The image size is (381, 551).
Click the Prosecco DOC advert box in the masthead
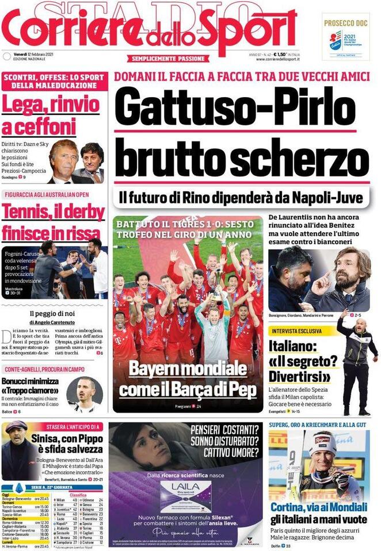coord(346,36)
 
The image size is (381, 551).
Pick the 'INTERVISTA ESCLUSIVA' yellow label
coord(302,331)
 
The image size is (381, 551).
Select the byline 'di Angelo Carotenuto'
coord(54,322)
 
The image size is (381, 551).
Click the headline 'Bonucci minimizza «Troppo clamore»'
coord(32,386)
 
